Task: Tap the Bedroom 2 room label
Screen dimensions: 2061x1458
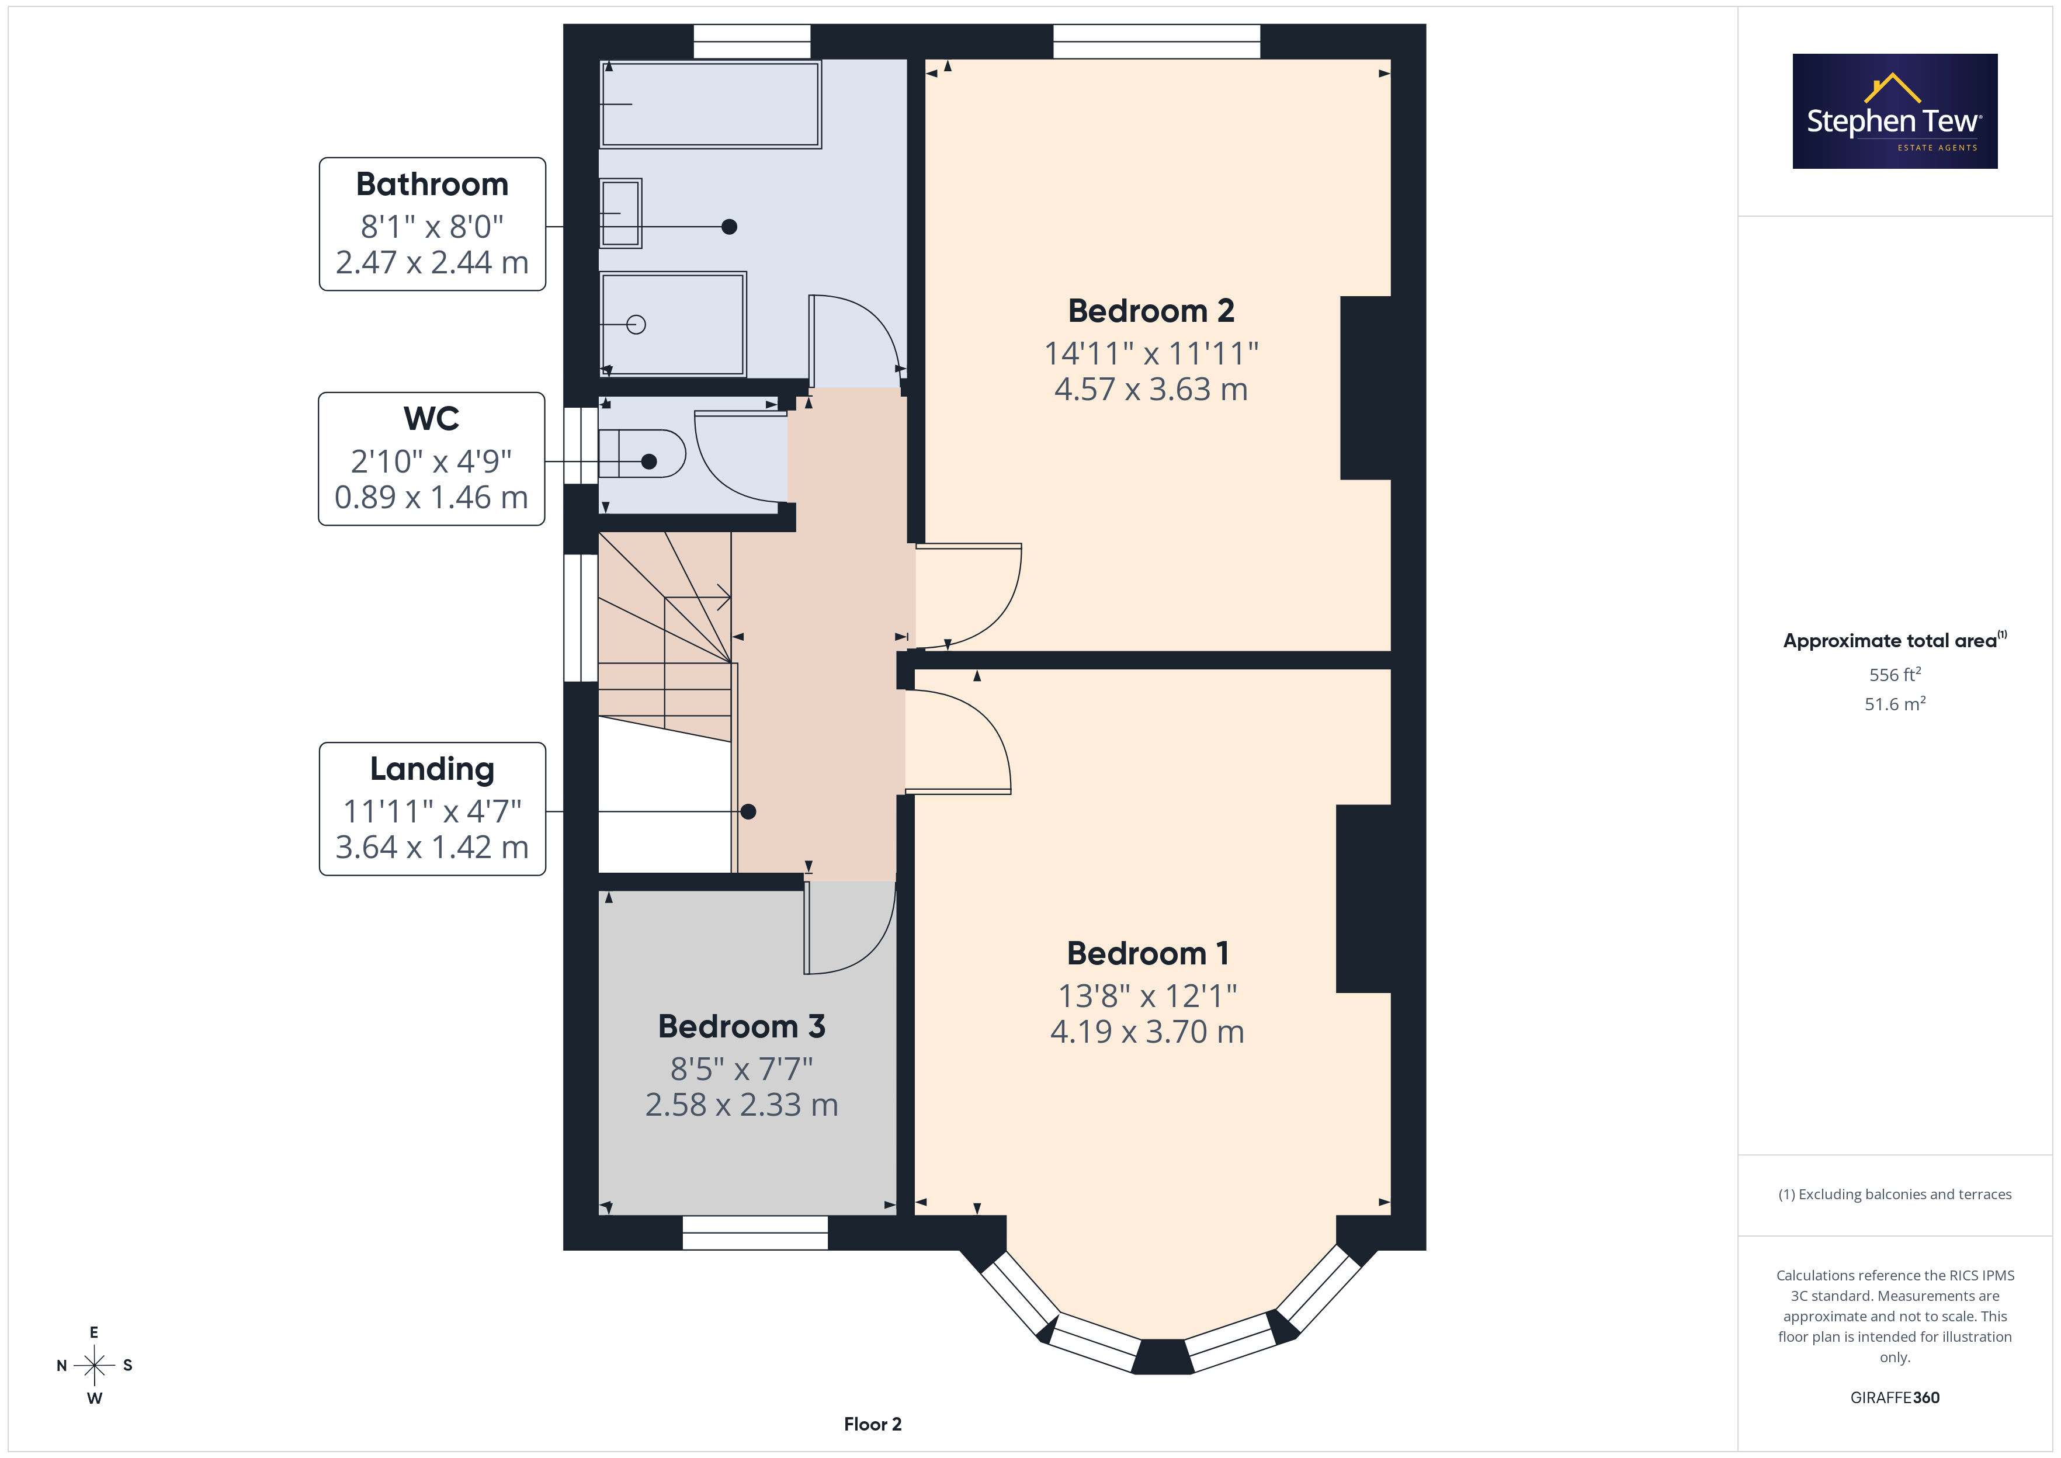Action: point(1151,311)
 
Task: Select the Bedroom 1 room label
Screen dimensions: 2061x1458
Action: point(1148,953)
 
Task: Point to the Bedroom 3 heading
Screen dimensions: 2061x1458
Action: point(741,1026)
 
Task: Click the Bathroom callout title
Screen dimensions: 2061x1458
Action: point(432,184)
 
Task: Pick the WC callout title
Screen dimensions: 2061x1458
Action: point(432,418)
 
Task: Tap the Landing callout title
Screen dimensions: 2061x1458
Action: point(432,769)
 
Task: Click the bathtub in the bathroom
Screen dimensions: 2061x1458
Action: point(710,103)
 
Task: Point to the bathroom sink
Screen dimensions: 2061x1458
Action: point(620,213)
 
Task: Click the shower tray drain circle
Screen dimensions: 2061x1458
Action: point(636,324)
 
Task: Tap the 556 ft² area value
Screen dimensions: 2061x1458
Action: point(1895,674)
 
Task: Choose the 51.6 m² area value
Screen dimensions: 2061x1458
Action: point(1895,704)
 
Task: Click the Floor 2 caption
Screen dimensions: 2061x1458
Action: point(873,1424)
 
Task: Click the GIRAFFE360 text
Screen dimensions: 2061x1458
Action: point(1895,1397)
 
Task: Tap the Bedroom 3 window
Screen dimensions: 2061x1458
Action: point(755,1233)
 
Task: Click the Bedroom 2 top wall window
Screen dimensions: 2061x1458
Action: point(1156,41)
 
